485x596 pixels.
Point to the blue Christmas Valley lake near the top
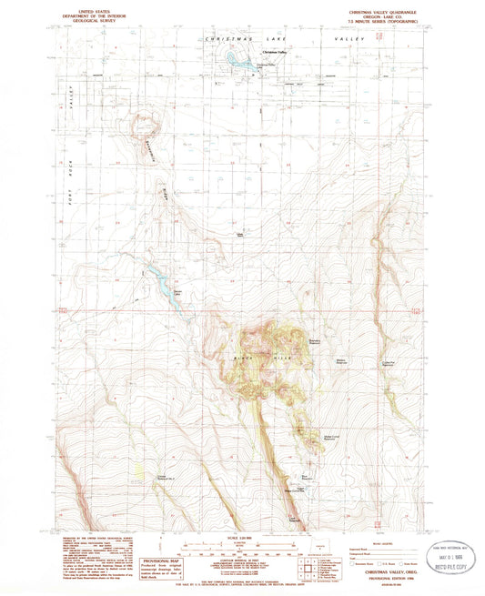pos(238,61)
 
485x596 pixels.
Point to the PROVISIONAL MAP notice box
pos(157,564)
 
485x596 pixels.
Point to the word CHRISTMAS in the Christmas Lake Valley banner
pos(226,41)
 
